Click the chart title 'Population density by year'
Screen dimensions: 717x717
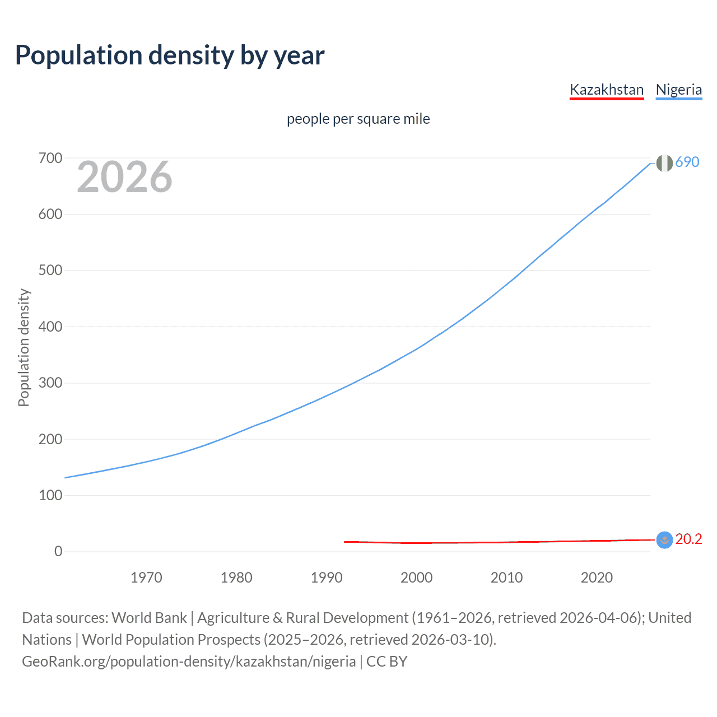[x=170, y=55]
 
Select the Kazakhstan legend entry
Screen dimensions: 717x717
[x=607, y=90]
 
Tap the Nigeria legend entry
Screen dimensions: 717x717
[x=678, y=90]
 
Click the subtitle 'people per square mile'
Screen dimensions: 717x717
[x=358, y=119]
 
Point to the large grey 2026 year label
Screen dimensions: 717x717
[x=124, y=177]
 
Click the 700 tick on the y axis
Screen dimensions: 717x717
[x=50, y=159]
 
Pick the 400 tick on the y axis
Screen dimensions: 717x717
[x=50, y=327]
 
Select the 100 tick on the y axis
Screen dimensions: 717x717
[x=50, y=495]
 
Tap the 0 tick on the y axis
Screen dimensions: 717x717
[x=58, y=551]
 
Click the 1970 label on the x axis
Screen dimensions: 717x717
[x=146, y=578]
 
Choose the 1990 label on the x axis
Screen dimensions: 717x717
[x=327, y=578]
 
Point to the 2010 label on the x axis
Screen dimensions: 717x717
[x=506, y=578]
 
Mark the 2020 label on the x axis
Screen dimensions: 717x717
[x=597, y=578]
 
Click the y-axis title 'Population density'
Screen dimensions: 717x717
[x=24, y=347]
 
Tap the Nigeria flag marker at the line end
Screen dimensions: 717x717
[x=664, y=163]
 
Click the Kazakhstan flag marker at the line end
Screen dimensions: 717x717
[x=664, y=540]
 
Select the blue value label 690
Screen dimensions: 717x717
[x=687, y=162]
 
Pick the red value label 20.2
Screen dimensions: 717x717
[x=688, y=539]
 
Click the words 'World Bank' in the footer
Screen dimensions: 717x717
[x=149, y=618]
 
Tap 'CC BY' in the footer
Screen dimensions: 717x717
[x=387, y=662]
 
